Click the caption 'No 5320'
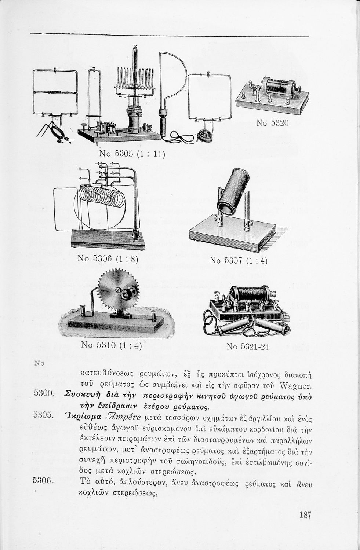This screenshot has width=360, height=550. coord(272,123)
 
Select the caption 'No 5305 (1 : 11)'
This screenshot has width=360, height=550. coord(132,154)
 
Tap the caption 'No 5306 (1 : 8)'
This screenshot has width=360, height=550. coord(108,259)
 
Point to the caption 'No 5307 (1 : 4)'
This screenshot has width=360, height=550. coord(239,261)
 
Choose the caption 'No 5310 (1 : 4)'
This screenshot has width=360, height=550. coord(111,345)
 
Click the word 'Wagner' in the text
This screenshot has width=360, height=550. coord(295,385)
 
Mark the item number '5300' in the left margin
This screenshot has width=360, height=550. coord(43,393)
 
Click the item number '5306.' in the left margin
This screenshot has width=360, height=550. coord(44,480)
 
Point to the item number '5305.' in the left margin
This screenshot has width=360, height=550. coord(44,415)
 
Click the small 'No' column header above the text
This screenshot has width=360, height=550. coord(39,363)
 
